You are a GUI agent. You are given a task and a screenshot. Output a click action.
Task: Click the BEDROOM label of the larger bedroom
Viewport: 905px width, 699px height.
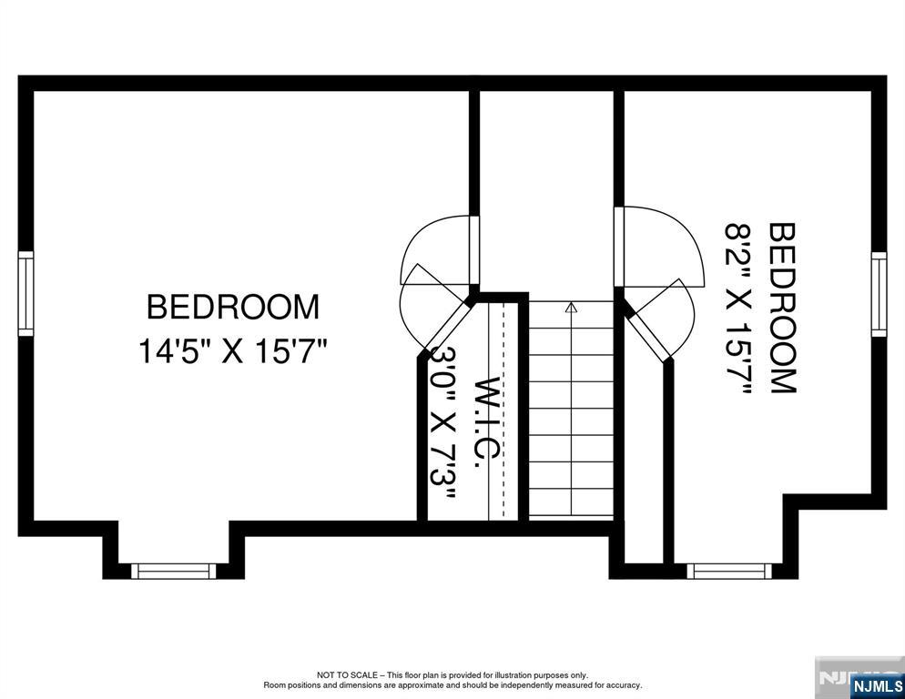click(233, 307)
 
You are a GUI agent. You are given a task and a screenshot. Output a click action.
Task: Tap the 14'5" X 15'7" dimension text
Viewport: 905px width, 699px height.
click(233, 351)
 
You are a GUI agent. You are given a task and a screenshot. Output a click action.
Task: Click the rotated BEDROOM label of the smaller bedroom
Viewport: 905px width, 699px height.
click(783, 309)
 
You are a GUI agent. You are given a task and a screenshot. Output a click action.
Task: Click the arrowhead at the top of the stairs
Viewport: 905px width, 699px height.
click(572, 307)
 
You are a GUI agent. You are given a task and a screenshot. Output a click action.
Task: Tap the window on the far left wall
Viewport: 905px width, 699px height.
click(25, 293)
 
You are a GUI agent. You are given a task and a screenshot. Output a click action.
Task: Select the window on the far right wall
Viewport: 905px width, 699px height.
click(879, 294)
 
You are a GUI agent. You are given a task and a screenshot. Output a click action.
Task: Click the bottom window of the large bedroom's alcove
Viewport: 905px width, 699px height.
click(174, 572)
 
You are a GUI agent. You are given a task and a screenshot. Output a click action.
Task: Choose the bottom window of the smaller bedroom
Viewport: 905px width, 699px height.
click(729, 572)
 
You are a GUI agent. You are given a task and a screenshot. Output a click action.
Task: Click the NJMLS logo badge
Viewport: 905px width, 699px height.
click(877, 685)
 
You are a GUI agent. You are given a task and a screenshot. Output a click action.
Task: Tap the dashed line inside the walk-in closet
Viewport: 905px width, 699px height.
click(503, 409)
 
